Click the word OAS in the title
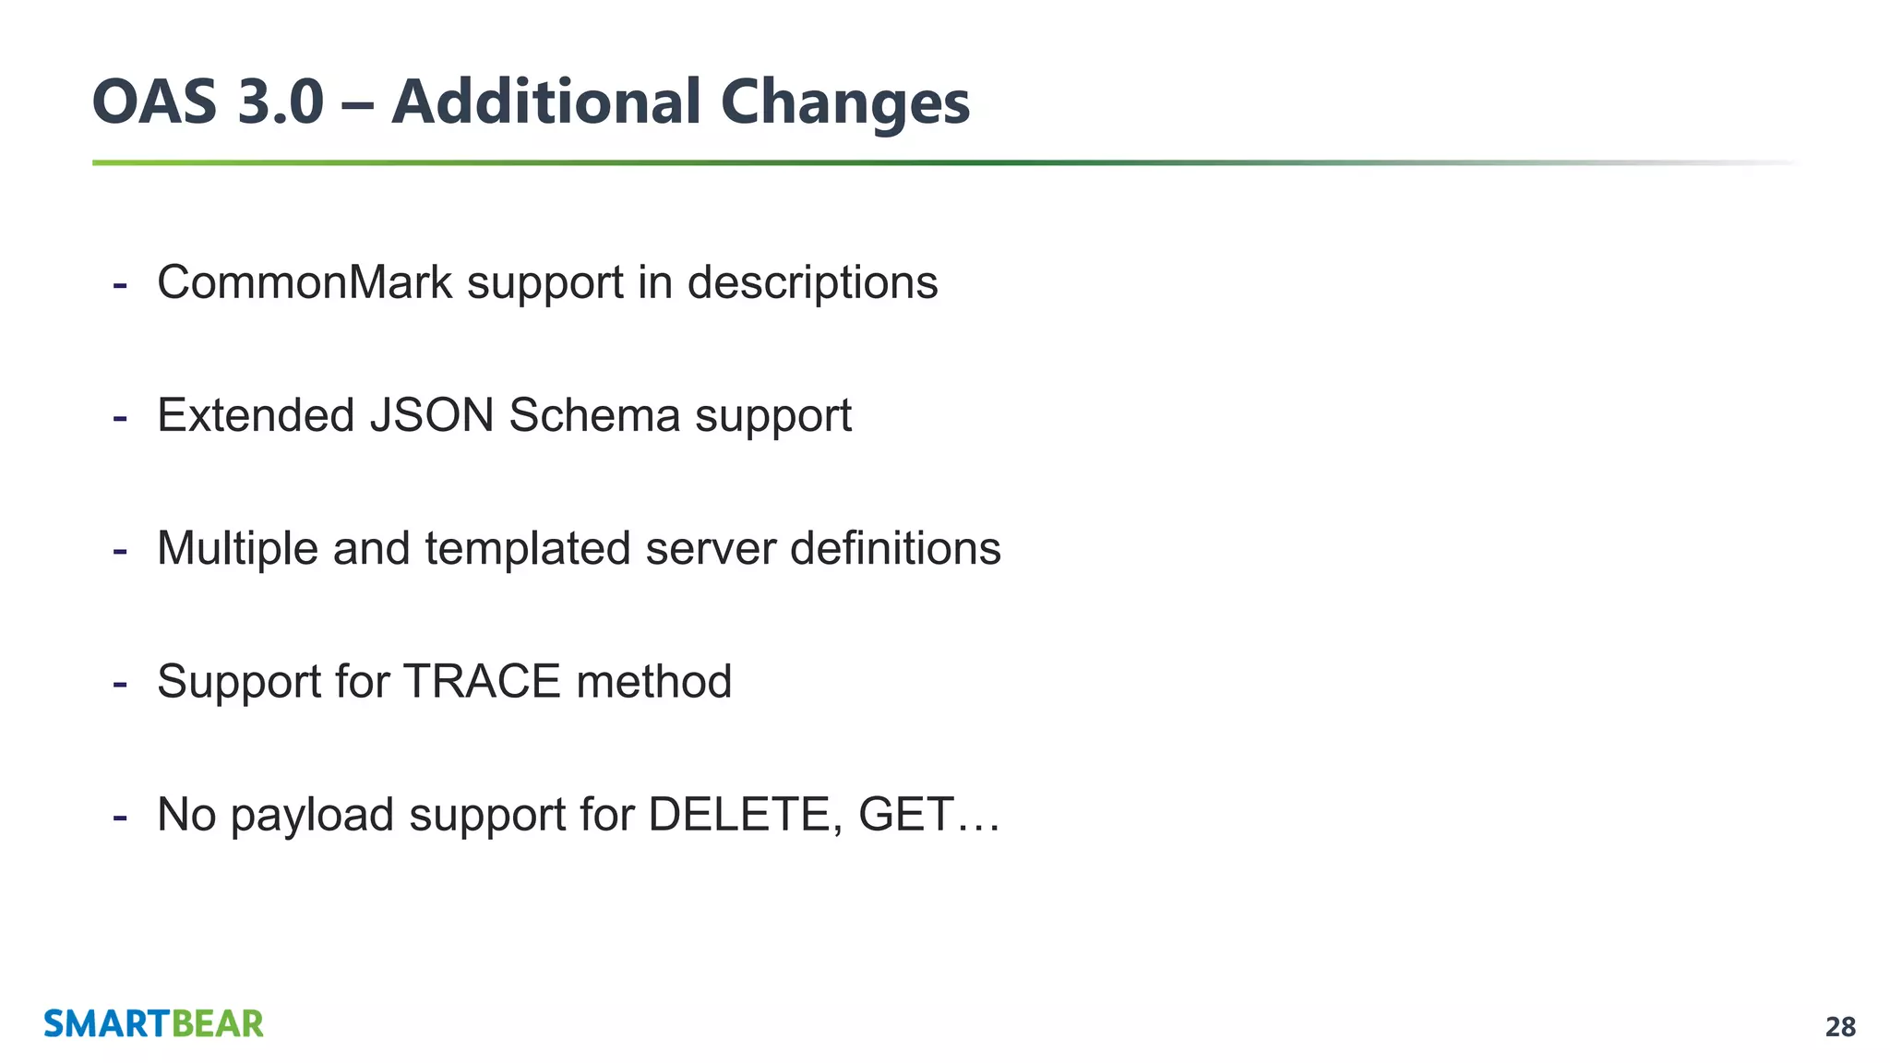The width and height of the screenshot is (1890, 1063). click(154, 102)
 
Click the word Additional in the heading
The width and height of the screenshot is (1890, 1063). click(546, 102)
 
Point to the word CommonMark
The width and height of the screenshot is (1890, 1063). click(305, 282)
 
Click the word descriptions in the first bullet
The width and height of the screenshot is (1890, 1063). click(812, 282)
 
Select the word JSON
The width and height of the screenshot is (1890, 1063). click(432, 415)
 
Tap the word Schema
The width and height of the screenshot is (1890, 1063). click(594, 415)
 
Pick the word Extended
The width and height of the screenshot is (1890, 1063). click(256, 415)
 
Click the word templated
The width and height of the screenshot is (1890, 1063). click(528, 548)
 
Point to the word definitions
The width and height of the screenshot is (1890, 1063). click(895, 548)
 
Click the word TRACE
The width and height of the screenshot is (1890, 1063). click(482, 682)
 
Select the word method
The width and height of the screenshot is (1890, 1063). click(653, 682)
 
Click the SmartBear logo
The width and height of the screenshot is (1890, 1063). click(154, 1024)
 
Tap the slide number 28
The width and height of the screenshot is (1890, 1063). click(1840, 1027)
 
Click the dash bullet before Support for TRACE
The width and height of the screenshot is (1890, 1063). click(119, 684)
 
